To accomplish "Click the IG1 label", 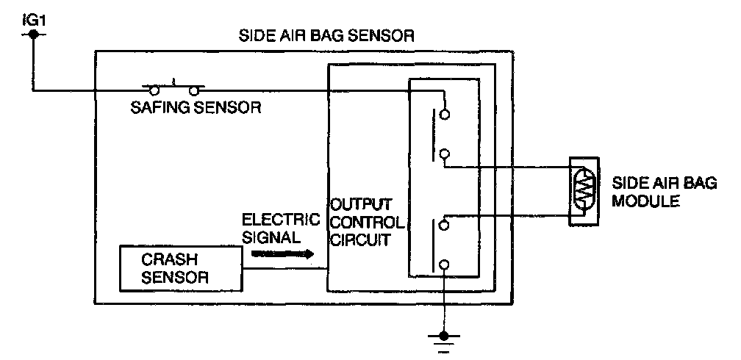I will point(33,13).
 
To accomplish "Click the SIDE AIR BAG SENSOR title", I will point(327,35).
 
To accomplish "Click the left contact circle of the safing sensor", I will point(154,91).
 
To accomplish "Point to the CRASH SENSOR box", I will point(182,269).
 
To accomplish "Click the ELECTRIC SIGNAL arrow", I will point(282,254).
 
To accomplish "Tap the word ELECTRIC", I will point(281,220).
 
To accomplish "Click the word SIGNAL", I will point(271,238).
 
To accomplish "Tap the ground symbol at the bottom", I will point(443,339).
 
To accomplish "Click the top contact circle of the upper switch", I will point(444,114).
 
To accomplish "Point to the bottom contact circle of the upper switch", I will point(444,154).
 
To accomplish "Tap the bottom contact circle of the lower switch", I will point(444,264).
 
